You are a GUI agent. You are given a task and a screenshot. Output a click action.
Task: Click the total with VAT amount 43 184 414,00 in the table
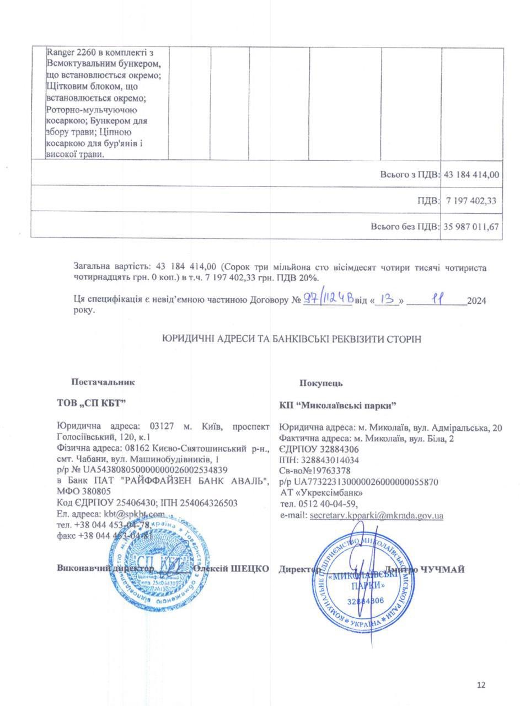471,174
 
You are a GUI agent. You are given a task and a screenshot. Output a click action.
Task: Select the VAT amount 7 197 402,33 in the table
471,201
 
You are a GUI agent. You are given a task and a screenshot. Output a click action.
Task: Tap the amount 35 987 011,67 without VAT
471,226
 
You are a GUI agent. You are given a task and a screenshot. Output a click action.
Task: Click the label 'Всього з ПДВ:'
410,174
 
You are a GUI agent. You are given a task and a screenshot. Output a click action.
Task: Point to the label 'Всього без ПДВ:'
405,226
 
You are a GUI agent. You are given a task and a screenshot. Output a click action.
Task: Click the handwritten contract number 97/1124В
328,301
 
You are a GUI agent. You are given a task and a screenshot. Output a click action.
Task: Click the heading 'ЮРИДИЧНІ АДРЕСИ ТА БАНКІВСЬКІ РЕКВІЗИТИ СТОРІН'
292,339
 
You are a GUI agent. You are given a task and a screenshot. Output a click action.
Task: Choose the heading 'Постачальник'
103,382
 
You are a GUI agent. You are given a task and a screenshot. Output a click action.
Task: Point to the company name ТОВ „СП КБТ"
92,403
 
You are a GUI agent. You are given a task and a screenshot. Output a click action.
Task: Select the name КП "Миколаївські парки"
339,405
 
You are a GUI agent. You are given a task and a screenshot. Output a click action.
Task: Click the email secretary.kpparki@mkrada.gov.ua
377,515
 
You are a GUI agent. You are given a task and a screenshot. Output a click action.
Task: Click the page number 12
481,685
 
